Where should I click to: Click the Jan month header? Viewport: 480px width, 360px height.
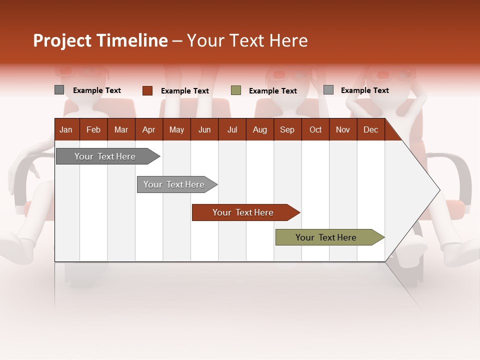click(66, 129)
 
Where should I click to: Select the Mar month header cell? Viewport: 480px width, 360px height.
click(121, 129)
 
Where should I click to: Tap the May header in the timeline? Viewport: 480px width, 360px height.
click(176, 129)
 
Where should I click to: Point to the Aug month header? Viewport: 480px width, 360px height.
click(259, 129)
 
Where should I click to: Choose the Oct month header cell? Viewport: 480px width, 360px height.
click(315, 129)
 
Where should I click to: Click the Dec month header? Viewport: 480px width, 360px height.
click(370, 129)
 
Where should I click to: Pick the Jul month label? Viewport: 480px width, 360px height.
click(232, 129)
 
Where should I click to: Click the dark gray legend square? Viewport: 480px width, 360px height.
click(59, 90)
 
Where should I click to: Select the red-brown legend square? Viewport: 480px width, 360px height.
click(147, 90)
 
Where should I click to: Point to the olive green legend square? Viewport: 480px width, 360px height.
click(235, 90)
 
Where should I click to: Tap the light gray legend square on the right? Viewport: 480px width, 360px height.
click(328, 90)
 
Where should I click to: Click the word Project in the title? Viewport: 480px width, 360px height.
click(62, 40)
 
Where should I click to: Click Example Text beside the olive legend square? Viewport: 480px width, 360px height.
click(272, 91)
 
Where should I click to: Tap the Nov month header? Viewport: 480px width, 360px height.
click(342, 129)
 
